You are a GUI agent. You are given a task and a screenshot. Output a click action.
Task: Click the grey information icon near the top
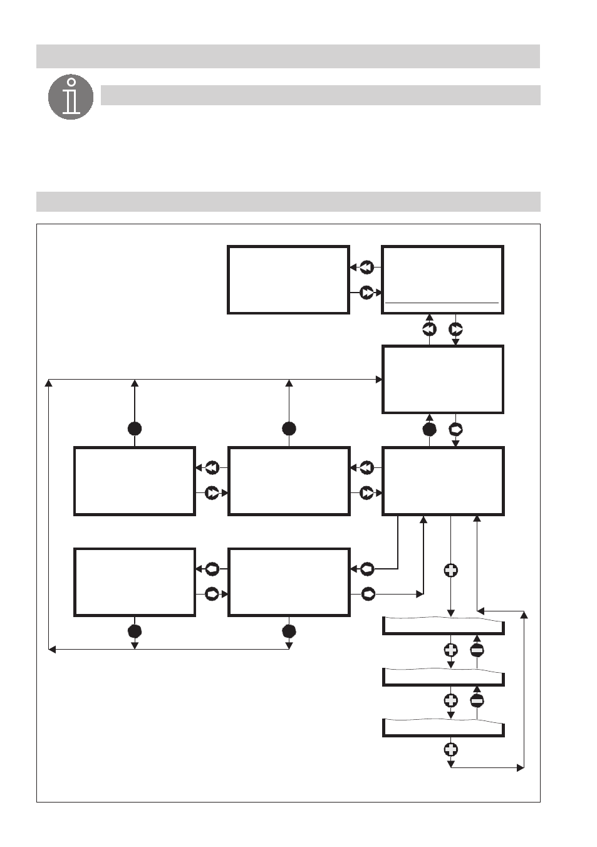(x=71, y=97)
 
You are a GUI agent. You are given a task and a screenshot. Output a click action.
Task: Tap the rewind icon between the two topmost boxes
(x=366, y=268)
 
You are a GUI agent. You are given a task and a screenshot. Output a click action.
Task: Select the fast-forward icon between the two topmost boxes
(x=366, y=293)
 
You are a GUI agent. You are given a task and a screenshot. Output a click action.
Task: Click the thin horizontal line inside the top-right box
(x=442, y=303)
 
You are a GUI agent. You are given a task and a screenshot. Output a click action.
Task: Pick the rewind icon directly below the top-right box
(x=429, y=329)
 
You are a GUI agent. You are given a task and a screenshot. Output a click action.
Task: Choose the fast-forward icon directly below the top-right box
(x=455, y=329)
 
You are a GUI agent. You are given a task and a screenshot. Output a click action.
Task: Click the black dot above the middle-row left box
(x=135, y=429)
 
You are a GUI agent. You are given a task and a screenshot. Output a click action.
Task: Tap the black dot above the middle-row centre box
(x=289, y=429)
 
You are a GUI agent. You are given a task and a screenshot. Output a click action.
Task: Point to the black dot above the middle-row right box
(x=429, y=429)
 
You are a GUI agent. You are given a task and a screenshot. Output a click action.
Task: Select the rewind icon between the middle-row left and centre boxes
(x=212, y=467)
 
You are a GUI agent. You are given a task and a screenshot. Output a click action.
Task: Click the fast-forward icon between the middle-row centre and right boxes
(x=366, y=493)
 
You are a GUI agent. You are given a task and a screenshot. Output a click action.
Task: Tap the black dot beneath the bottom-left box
(x=135, y=631)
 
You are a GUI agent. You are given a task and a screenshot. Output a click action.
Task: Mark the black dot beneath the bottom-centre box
(x=289, y=631)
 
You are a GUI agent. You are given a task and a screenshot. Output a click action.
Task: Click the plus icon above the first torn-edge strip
(x=450, y=570)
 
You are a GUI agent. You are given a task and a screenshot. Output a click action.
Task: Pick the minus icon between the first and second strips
(x=477, y=650)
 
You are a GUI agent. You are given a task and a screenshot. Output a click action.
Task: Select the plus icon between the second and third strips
(x=450, y=700)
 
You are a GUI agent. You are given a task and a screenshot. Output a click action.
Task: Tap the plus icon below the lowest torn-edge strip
(x=450, y=749)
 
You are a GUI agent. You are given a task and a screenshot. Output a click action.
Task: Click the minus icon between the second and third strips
(x=477, y=700)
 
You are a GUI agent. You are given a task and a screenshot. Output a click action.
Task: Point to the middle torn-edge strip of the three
(x=443, y=678)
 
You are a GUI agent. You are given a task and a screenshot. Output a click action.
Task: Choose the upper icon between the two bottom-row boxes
(x=212, y=569)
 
